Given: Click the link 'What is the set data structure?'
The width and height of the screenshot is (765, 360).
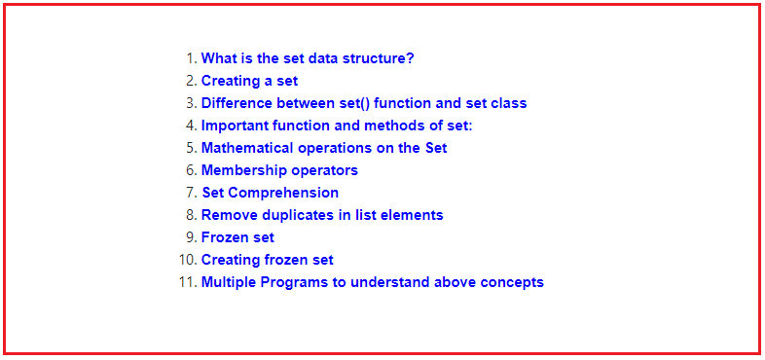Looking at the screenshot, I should pos(308,58).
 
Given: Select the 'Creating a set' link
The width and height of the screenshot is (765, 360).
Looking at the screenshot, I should pos(249,81).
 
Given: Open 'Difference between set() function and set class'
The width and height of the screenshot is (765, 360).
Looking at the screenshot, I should pos(364,103).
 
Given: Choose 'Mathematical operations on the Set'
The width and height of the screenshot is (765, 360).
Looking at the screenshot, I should pos(324,148).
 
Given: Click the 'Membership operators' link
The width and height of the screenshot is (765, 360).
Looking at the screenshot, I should pos(279,170).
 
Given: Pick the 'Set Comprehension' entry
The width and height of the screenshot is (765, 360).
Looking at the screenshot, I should pos(270,193).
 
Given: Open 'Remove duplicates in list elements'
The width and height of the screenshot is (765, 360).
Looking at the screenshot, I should pos(322,215).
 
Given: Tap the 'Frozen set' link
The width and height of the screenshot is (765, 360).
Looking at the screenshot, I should pos(237,237).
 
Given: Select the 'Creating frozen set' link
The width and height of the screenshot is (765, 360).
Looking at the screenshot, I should pos(267,260).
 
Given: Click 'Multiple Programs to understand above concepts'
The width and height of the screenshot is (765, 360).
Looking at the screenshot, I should pos(372,282).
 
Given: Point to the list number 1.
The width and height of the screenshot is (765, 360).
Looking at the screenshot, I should pos(191,58).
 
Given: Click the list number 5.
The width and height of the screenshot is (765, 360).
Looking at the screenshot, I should pos(191,148).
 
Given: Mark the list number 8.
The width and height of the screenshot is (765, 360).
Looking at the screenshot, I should pos(191,215).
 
